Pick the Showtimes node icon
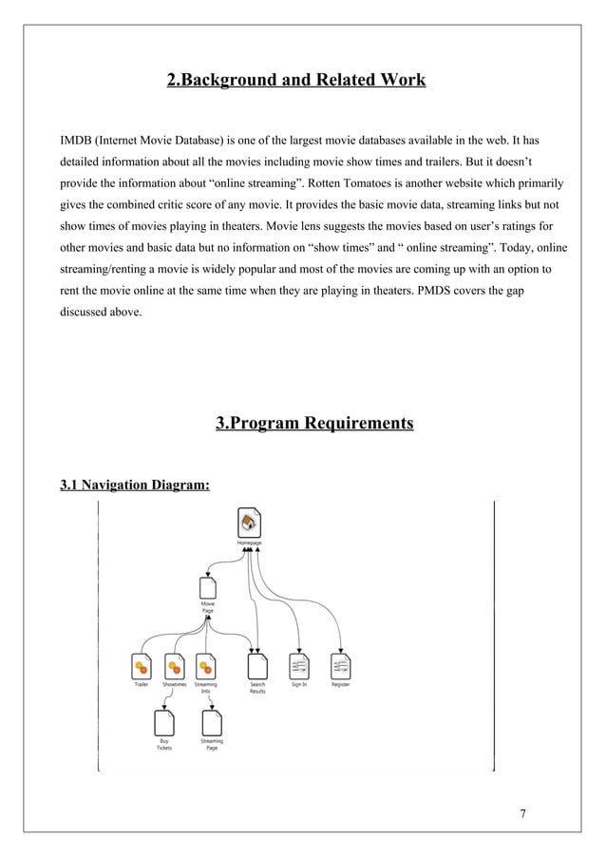click(173, 666)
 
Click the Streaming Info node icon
click(205, 666)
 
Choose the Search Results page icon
click(257, 666)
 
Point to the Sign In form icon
click(298, 666)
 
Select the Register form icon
click(340, 666)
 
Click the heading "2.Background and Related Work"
click(295, 80)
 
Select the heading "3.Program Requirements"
click(314, 423)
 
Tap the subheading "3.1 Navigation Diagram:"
click(134, 486)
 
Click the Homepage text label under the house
click(249, 543)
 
